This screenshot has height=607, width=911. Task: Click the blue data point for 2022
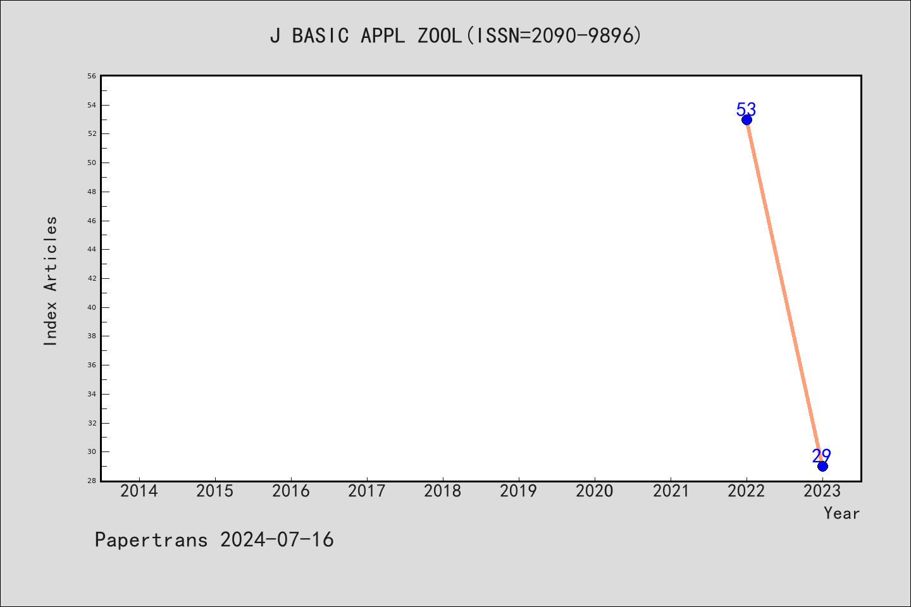click(747, 120)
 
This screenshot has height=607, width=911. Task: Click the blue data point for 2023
click(822, 467)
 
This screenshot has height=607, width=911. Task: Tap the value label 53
click(746, 109)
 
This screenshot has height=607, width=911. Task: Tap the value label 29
click(822, 456)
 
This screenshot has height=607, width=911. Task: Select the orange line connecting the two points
click(784, 293)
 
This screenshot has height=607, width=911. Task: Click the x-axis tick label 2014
click(139, 491)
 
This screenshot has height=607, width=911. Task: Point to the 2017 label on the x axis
click(367, 491)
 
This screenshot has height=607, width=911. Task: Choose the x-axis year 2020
click(595, 491)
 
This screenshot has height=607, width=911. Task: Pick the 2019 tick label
click(519, 491)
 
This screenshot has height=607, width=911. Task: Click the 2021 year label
click(671, 491)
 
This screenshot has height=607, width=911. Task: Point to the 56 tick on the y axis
click(92, 76)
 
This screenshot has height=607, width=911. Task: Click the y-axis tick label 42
click(92, 278)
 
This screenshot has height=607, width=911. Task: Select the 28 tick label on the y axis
click(92, 481)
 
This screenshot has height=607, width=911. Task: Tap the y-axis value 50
click(92, 162)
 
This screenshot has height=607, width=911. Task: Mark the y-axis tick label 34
click(92, 394)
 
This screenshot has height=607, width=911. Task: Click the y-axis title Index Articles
click(51, 281)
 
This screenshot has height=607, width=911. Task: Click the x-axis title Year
click(841, 513)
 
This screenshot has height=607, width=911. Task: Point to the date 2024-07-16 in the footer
click(276, 540)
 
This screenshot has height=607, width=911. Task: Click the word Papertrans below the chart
click(151, 540)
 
